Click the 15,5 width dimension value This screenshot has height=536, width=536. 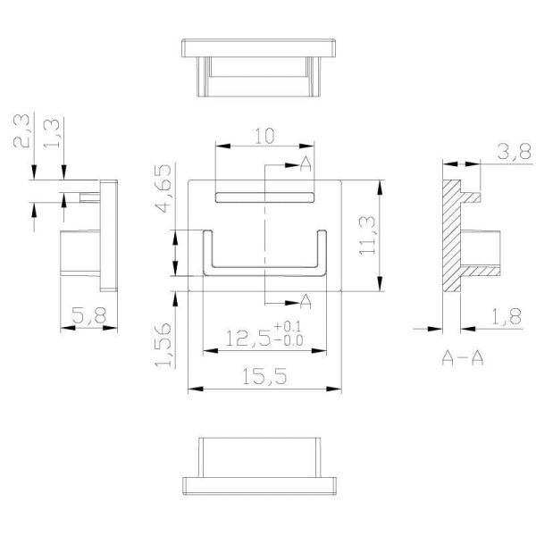(x=264, y=377)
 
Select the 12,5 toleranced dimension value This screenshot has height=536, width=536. (x=251, y=339)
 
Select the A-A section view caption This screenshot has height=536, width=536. (x=464, y=358)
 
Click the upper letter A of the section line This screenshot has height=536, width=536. (x=306, y=163)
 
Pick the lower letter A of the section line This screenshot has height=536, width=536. (x=305, y=299)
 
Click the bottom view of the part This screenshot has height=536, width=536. (x=264, y=465)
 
